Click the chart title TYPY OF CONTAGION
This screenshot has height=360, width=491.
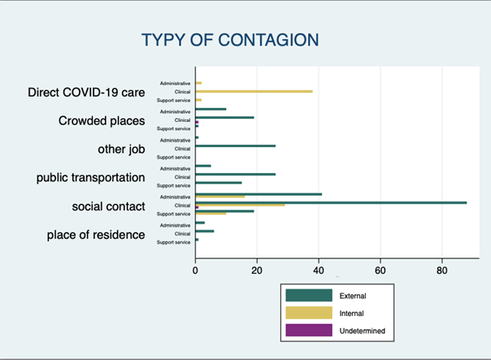pyautogui.click(x=230, y=41)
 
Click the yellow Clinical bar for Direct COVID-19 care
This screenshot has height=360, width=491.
pyautogui.click(x=254, y=91)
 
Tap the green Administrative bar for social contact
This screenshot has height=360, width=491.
pyautogui.click(x=259, y=194)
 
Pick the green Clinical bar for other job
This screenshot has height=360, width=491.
pyautogui.click(x=236, y=146)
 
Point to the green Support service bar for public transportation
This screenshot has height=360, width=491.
pyautogui.click(x=219, y=183)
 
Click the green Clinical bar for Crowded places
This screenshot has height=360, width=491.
pyautogui.click(x=224, y=118)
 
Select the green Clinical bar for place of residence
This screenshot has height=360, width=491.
pyautogui.click(x=205, y=231)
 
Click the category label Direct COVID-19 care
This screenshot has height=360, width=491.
pyautogui.click(x=86, y=93)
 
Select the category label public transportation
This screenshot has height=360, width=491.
pyautogui.click(x=90, y=177)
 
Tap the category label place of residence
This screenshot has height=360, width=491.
pyautogui.click(x=96, y=235)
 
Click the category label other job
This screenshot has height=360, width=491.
pyautogui.click(x=121, y=149)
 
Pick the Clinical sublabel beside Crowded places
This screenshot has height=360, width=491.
pyautogui.click(x=180, y=119)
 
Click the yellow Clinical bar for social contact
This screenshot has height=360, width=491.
pyautogui.click(x=240, y=205)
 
